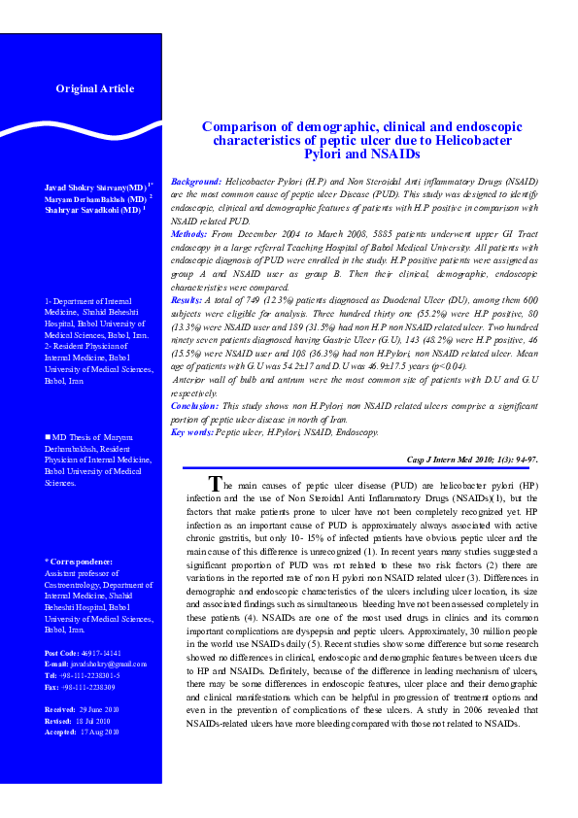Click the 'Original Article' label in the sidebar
tap(94, 88)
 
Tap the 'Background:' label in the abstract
tap(196, 183)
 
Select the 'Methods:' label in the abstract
tap(188, 235)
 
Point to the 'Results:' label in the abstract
tap(187, 302)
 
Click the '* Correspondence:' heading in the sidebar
tap(79, 562)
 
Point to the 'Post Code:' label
tap(62, 653)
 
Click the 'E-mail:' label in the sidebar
tap(57, 663)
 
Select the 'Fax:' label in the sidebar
tap(52, 688)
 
